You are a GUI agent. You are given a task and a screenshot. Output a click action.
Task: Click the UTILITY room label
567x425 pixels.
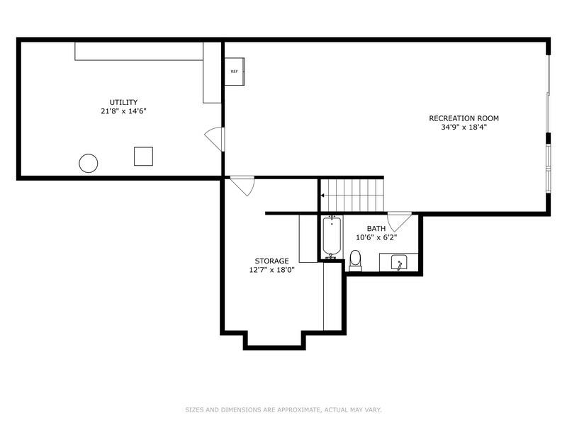click(123, 102)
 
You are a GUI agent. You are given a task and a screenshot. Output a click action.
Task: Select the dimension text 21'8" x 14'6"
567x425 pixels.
click(123, 111)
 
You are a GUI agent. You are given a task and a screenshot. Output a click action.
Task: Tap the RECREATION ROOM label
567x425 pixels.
click(459, 118)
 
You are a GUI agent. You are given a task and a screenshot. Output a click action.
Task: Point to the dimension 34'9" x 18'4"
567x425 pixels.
click(459, 127)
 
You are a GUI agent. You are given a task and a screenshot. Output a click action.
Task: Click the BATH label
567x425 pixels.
click(376, 228)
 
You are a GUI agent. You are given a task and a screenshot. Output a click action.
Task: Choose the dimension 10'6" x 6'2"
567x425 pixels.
click(376, 237)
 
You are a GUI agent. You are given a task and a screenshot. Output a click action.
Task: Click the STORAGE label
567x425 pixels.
click(271, 261)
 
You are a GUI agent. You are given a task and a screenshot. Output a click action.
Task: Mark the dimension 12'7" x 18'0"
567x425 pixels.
click(271, 270)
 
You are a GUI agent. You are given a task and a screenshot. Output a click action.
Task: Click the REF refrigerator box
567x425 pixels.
click(235, 72)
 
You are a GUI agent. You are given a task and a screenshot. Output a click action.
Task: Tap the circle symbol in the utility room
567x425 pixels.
click(88, 164)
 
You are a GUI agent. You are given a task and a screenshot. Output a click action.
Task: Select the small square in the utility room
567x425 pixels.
click(143, 156)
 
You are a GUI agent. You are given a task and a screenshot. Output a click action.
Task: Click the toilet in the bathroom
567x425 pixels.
click(356, 259)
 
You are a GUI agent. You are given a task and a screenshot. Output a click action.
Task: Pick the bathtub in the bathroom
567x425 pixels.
click(331, 237)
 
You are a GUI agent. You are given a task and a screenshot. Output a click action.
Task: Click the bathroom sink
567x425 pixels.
click(399, 263)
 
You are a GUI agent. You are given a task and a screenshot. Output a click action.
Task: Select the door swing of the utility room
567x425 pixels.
click(214, 138)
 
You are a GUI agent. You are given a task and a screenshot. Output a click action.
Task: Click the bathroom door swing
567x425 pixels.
click(397, 221)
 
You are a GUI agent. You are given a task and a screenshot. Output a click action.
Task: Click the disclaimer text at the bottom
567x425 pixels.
click(283, 409)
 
